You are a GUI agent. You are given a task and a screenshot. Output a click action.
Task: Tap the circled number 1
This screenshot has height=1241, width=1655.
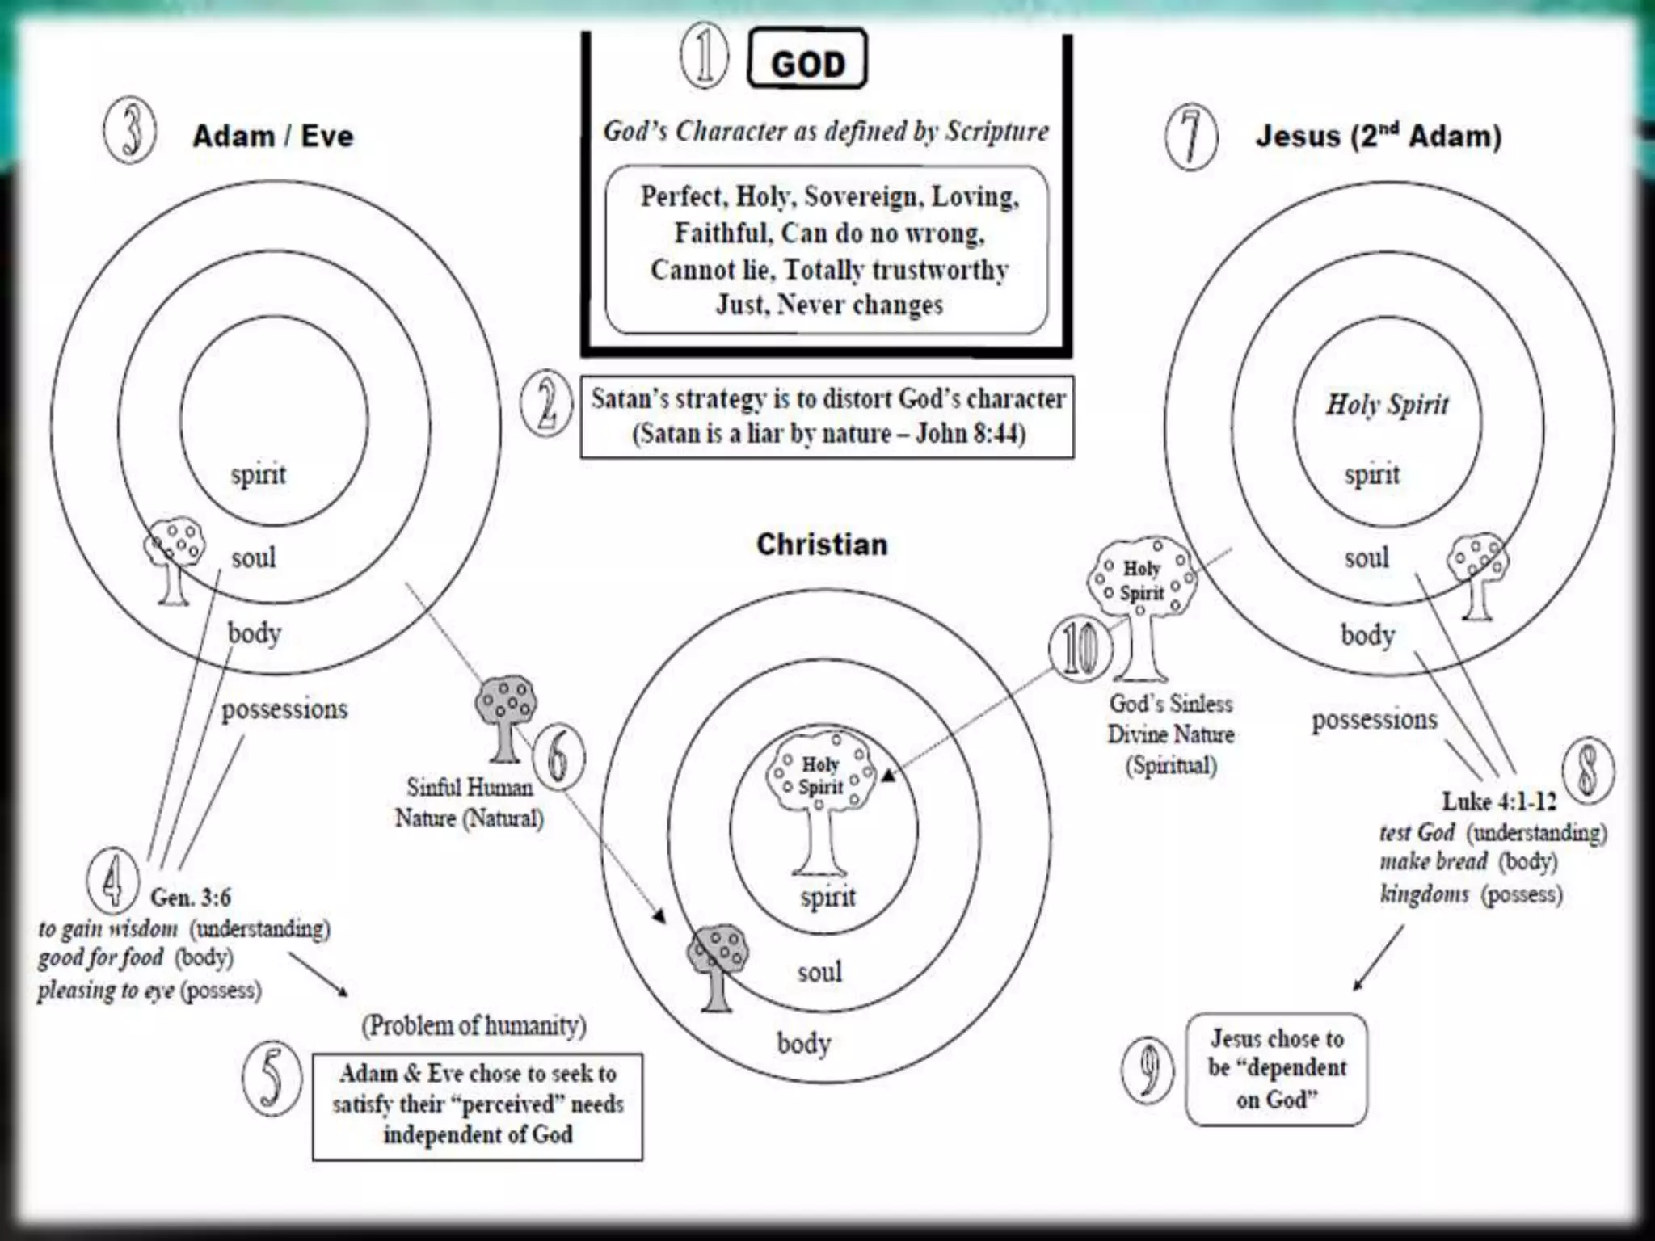704,57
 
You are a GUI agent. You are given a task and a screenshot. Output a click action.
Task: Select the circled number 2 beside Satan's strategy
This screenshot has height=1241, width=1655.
547,404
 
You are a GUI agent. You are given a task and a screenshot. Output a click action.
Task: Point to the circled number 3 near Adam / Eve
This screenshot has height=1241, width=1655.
130,131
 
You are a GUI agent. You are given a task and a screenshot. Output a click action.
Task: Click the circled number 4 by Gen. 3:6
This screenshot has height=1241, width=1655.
112,879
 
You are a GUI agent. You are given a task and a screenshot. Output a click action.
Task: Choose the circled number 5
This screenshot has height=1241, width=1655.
272,1078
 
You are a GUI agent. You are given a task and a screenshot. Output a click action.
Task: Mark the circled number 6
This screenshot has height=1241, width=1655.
559,756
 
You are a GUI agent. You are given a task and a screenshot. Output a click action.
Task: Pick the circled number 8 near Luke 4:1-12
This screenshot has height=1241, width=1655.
1587,769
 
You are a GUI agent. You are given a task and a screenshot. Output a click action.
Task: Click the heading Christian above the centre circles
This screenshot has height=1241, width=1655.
822,545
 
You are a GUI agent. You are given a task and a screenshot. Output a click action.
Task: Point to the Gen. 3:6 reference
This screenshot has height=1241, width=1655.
191,897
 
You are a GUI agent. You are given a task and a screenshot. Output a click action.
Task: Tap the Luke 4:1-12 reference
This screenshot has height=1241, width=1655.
1499,801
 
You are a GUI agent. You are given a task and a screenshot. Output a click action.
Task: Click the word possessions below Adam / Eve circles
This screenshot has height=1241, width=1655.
284,709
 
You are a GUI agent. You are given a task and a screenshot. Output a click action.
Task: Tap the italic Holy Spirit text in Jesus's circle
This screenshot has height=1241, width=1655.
1387,404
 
